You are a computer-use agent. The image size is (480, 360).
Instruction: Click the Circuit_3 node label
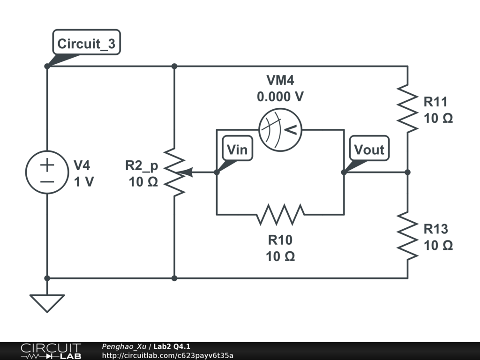[86, 44]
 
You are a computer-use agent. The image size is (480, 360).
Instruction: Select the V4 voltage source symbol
[47, 172]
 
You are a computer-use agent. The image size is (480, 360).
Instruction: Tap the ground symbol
[47, 302]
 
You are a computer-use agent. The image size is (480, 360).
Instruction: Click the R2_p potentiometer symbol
[174, 172]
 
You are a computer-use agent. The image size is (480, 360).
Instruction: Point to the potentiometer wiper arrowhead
[187, 172]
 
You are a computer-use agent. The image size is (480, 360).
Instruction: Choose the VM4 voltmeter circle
[280, 130]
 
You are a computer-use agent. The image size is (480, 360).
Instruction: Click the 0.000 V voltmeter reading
[280, 97]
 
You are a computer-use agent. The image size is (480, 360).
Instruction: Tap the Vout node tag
[369, 150]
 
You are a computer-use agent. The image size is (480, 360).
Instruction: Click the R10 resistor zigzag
[280, 215]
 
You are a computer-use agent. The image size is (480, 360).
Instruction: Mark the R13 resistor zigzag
[407, 236]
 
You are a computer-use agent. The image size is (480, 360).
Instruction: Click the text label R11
[435, 102]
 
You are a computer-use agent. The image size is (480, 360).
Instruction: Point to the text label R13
[435, 229]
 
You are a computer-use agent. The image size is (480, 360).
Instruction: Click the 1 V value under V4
[83, 182]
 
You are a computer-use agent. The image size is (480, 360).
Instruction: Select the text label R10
[280, 240]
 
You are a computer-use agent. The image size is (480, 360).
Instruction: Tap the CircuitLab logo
[50, 351]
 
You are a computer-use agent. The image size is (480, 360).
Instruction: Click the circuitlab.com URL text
[167, 355]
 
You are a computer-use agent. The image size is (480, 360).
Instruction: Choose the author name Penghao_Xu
[124, 346]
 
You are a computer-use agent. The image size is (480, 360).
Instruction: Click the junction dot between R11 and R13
[407, 172]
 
